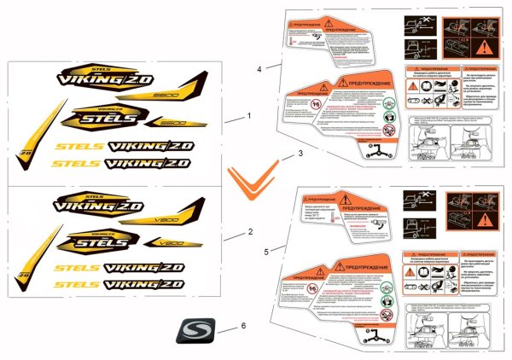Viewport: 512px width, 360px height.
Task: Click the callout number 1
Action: click(249, 114)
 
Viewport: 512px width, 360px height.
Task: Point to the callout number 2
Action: click(249, 232)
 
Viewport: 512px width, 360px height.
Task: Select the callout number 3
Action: click(300, 154)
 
